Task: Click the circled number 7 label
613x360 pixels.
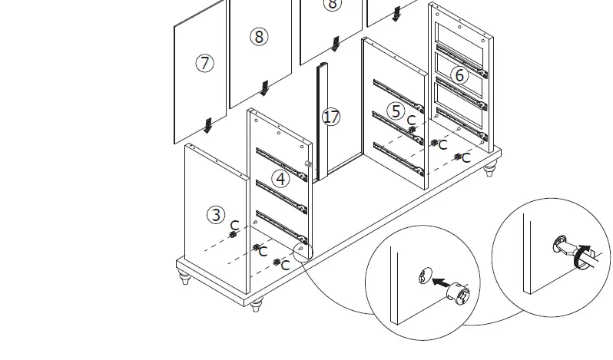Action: point(204,64)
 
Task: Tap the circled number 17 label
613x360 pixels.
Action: point(331,117)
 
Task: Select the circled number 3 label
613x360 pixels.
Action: point(217,215)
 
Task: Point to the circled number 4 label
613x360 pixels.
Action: point(281,179)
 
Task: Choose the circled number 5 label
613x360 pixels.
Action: point(396,111)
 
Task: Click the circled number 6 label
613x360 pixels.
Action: point(459,74)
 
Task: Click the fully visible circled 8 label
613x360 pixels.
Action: point(259,36)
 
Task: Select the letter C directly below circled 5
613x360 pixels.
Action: point(411,121)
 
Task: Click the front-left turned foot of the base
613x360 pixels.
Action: point(184,276)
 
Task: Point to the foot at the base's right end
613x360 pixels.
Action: point(489,170)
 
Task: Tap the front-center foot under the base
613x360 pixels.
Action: point(257,306)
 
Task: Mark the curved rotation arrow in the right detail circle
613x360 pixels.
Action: point(584,256)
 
